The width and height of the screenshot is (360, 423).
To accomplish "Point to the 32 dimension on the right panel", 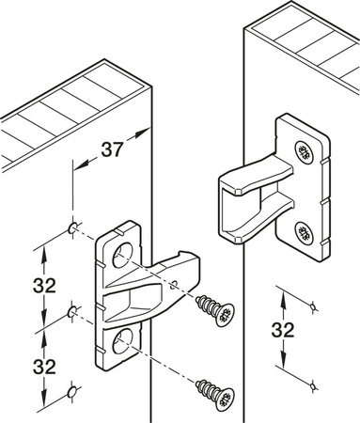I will pyautogui.click(x=281, y=331).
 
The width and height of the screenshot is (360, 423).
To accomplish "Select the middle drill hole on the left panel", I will pyautogui.click(x=72, y=309).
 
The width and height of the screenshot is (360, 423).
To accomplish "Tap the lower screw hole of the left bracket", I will pyautogui.click(x=120, y=337).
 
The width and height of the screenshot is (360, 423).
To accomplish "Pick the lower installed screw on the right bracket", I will pyautogui.click(x=302, y=231).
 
